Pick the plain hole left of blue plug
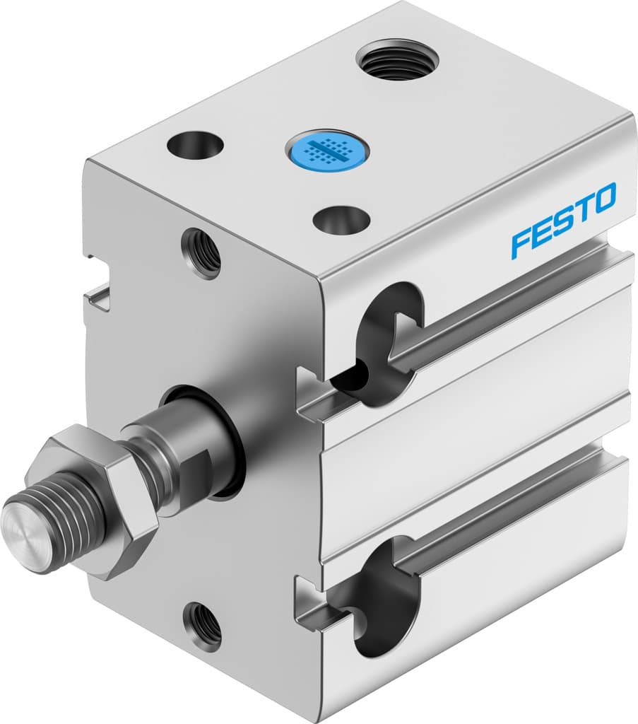[196, 145]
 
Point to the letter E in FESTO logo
[542, 232]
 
